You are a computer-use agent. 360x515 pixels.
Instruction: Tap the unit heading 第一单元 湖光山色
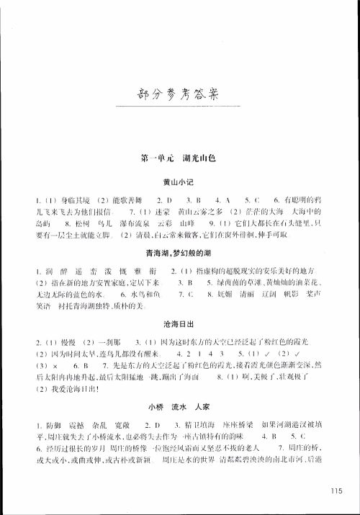click(180, 157)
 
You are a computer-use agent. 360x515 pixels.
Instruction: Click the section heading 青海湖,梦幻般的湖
click(180, 251)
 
